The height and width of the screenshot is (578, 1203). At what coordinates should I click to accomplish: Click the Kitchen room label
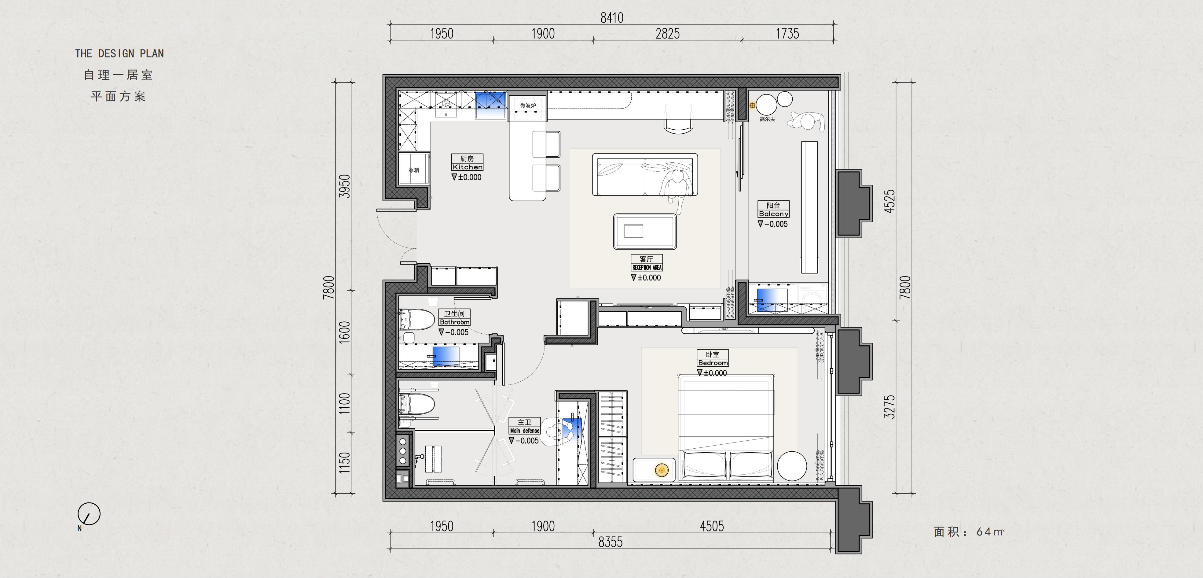467,167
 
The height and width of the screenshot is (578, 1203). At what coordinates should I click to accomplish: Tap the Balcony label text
773,213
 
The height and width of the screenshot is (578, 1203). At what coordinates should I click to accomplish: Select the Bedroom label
713,363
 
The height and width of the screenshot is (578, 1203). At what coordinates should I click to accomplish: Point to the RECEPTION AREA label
647,267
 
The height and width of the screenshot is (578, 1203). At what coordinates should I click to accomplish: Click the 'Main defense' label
524,430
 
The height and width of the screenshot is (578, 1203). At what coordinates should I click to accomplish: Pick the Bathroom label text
454,322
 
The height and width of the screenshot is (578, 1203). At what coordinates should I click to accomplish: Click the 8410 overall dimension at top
612,18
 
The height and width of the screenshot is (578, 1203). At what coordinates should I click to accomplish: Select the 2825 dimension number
667,34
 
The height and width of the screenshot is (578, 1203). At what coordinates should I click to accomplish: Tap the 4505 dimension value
712,526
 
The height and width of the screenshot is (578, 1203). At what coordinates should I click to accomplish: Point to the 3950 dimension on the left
344,186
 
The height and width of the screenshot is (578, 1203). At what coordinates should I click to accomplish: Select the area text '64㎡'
990,532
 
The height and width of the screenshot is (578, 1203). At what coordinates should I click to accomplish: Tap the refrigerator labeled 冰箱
414,170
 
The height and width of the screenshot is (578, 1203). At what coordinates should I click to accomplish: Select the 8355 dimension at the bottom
611,542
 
